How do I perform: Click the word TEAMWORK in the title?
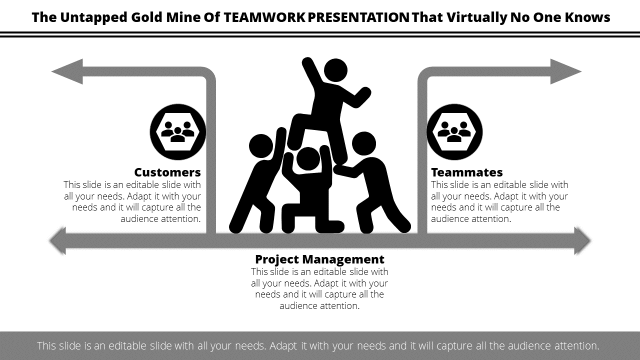coord(264,17)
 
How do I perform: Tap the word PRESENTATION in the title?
coord(358,17)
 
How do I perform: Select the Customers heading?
coord(167,172)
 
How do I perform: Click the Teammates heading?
coord(467,172)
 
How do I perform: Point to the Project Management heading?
coord(319,259)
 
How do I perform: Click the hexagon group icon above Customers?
coord(177,131)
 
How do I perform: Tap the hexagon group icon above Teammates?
coord(454,131)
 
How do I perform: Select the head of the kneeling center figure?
coord(308,159)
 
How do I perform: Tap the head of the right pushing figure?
coord(364,143)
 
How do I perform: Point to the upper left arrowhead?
coord(67,71)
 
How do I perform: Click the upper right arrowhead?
coord(566,71)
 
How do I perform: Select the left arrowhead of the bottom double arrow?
coord(57,241)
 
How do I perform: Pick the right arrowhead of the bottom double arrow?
coord(583,241)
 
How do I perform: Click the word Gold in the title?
coord(147,17)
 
